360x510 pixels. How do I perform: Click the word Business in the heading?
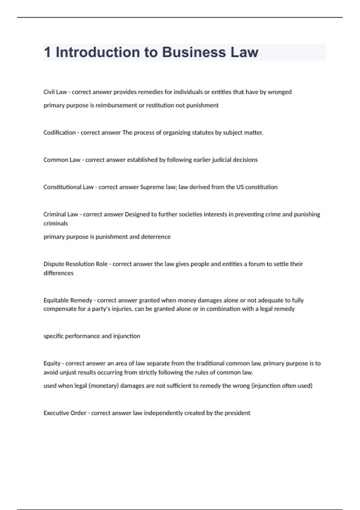pos(194,52)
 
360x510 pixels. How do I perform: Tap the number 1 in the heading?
pos(47,52)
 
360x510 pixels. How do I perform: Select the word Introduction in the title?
pos(98,52)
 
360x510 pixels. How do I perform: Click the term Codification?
pos(59,133)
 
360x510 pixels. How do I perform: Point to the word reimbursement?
pos(116,105)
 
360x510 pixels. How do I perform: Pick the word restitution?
pos(160,105)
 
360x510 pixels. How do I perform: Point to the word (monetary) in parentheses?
pos(103,386)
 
